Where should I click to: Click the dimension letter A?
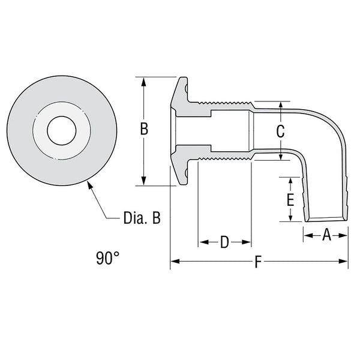326,235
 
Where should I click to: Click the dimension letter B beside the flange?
144,130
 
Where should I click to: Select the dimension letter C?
280,131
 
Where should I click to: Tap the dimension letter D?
224,242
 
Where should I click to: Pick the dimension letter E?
290,199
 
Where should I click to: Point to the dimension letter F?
259,262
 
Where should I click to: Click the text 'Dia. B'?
142,218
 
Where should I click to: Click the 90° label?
107,259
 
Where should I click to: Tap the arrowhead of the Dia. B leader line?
89,185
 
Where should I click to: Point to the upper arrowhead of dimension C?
280,106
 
